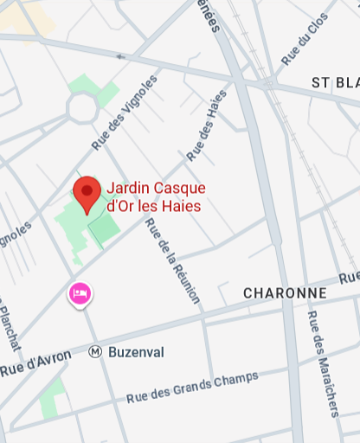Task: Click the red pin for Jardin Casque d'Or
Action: (87, 193)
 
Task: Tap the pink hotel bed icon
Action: (80, 294)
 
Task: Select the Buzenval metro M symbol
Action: (95, 352)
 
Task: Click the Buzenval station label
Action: (136, 352)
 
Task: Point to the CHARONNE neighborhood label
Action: (285, 293)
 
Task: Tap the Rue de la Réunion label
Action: (172, 260)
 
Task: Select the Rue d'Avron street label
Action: (35, 363)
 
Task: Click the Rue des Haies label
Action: (206, 125)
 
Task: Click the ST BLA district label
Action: (335, 82)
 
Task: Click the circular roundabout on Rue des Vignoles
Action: (84, 109)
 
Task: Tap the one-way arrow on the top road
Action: (121, 57)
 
